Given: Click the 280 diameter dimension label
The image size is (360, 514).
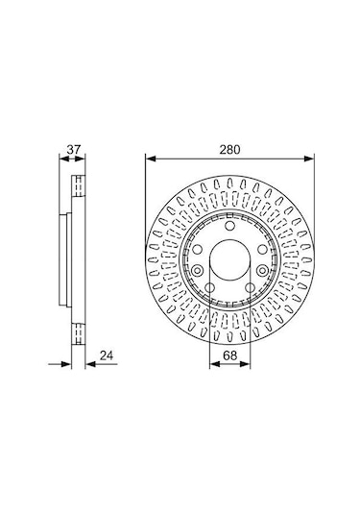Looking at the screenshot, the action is tap(229, 150).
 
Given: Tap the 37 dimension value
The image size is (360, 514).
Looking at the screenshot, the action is tap(73, 150).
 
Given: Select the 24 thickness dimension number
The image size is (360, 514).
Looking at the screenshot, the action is tap(107, 355).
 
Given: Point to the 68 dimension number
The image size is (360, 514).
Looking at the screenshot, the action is tap(229, 355).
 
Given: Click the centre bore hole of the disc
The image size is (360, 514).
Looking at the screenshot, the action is tap(229, 259).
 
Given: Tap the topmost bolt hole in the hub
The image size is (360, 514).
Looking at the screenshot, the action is tap(230, 226).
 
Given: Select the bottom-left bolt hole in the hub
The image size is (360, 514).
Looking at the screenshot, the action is tap(209, 288).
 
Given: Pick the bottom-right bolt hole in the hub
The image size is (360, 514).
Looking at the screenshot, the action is tap(250, 288).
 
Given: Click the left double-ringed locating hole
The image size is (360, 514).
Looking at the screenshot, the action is tap(197, 271).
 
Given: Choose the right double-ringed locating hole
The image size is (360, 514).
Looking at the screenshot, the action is tap(262, 271).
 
